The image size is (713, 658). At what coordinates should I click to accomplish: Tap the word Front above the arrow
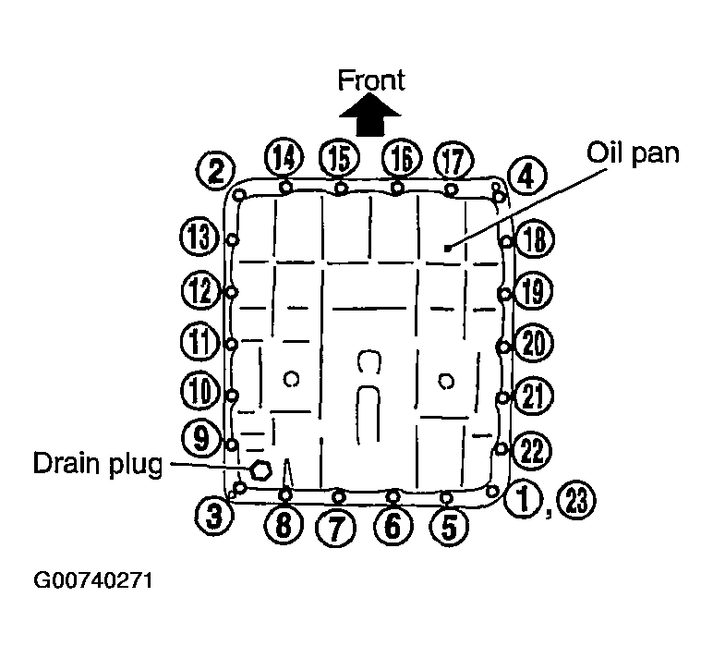pos(371,80)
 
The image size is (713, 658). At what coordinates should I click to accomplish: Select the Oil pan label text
pos(633,154)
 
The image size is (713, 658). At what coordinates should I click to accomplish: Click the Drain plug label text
pos(98,465)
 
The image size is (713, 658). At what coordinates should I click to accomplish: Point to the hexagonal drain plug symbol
pos(260,469)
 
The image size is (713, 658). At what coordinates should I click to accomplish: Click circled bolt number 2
pos(215,171)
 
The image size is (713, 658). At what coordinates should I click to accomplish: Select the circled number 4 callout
pos(526,177)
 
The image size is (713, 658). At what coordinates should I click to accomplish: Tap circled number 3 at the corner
pos(213,517)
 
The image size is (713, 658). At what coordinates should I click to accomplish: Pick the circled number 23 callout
pos(576,500)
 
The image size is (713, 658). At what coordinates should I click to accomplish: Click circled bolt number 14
pos(284,156)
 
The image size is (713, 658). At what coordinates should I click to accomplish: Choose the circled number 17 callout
pos(453,161)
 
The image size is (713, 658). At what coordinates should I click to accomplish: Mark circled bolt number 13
pos(199,237)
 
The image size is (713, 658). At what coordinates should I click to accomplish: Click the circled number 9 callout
pos(201,438)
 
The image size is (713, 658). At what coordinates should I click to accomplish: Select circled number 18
pos(535,238)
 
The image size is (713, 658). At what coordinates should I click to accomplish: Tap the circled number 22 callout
pos(532,450)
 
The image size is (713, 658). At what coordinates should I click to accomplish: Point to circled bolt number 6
pos(393,525)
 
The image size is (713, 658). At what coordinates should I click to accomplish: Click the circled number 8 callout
pos(284,524)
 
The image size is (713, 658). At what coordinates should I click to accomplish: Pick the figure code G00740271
pos(93,580)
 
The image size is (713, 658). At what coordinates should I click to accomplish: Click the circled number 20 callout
pos(534,342)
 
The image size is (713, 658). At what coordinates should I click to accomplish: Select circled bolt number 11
pos(200,341)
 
